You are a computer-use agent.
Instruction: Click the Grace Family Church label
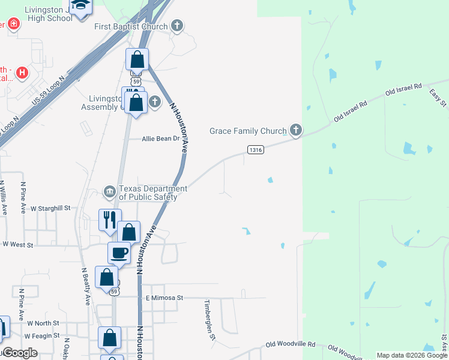point(248,130)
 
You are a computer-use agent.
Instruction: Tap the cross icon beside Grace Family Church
point(295,130)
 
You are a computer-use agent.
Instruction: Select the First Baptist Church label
point(131,26)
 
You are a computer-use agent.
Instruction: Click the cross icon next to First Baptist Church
point(176,26)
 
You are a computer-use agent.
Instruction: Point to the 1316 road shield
point(255,149)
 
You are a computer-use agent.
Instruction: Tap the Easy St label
point(439,98)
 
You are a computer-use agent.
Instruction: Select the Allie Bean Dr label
point(161,139)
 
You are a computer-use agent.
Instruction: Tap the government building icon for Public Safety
point(110,192)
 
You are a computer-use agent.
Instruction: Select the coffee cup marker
point(119,252)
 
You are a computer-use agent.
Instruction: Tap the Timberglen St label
point(209,320)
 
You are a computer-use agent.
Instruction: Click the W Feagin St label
point(42,336)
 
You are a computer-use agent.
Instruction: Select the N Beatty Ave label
point(86,286)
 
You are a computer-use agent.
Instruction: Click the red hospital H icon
point(22,73)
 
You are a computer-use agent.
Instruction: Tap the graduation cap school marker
point(79,6)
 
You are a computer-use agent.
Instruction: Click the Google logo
point(20,353)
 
